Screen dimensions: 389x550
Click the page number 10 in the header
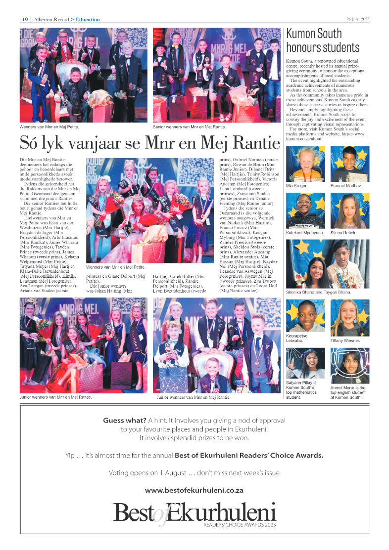click(24, 19)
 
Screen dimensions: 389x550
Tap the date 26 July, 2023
click(358, 19)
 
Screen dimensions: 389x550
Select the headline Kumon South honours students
click(322, 41)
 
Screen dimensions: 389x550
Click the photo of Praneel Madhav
click(349, 164)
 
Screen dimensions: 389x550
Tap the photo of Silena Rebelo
click(349, 211)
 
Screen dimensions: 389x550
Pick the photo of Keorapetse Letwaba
click(305, 316)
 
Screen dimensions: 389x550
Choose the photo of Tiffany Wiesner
click(349, 316)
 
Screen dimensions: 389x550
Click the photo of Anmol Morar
click(349, 366)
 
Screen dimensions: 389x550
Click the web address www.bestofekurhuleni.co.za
click(194, 490)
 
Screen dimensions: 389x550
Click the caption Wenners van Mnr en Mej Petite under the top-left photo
click(49, 127)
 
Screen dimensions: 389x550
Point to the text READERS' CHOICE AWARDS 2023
click(239, 524)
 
